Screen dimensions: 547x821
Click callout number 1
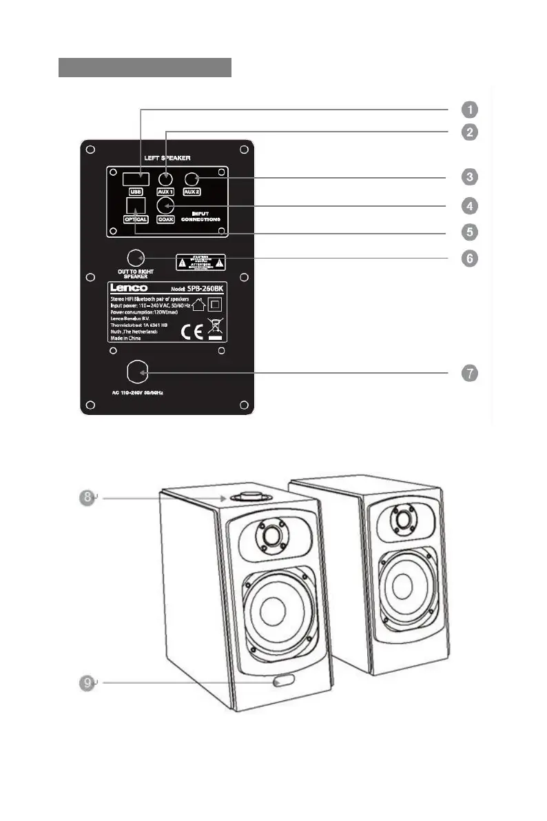(468, 110)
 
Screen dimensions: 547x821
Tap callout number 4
(468, 205)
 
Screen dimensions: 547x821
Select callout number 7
(468, 373)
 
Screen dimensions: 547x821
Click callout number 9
(85, 682)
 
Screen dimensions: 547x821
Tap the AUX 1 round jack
(165, 179)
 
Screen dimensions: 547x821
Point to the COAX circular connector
(165, 205)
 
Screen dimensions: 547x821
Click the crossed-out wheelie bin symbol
(216, 328)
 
